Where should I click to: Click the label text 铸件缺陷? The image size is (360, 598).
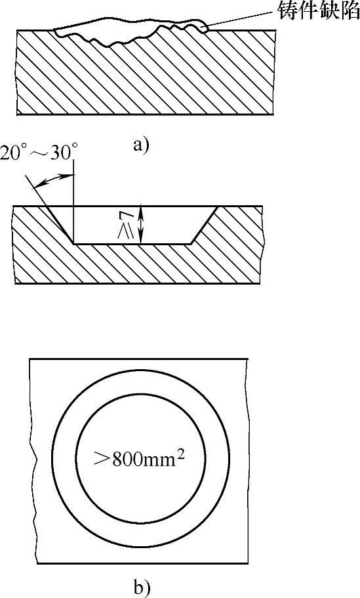click(317, 11)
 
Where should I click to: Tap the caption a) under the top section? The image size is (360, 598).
click(141, 146)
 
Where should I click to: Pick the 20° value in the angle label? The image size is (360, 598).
click(15, 153)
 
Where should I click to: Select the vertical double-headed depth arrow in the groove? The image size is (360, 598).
click(142, 224)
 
